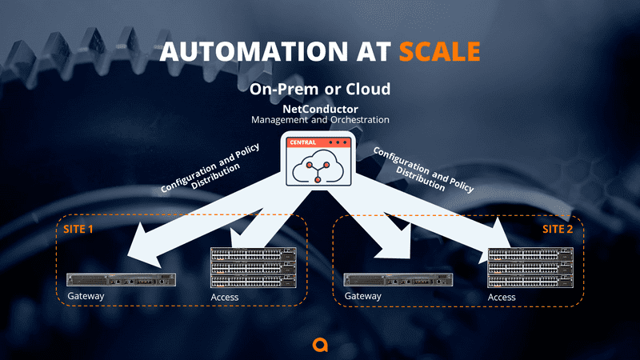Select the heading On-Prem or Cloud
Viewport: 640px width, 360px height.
320,89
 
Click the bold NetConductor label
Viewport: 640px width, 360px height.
320,108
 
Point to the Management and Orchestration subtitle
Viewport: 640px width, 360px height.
320,120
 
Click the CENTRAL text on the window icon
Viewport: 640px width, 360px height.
301,142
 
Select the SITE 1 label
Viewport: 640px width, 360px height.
78,229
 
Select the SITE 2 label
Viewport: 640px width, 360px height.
559,229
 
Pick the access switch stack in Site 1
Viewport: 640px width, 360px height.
252,267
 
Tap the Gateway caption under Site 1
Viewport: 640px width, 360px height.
86,297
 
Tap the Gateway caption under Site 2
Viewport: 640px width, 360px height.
363,297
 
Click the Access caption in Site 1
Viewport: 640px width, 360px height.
225,298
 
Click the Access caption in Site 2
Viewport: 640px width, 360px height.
502,298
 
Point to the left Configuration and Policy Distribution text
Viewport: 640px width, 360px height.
212,170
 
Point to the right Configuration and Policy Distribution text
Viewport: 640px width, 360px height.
422,169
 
